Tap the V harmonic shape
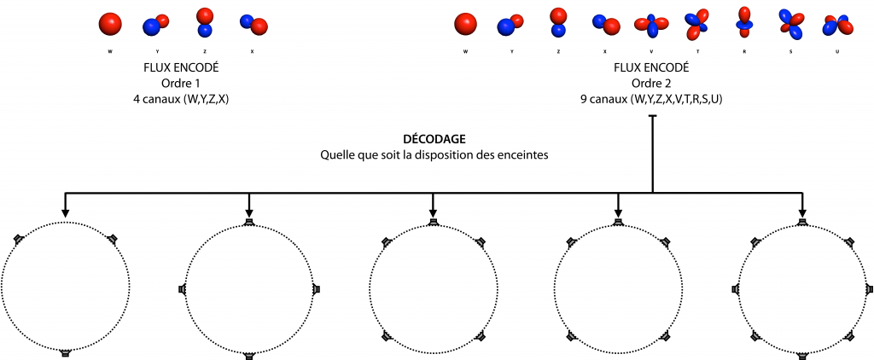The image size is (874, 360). pos(651,25)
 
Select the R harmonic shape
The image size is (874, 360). pos(744,22)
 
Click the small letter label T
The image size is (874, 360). pos(697,51)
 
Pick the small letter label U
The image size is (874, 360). pos(837,51)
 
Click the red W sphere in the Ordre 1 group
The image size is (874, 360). pos(110,23)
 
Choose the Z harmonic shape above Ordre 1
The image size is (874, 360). pos(205,22)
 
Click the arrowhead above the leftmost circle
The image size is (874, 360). pos(65,212)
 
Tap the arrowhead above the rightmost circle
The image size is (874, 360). pos(802,212)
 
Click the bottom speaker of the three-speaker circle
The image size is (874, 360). pos(65,353)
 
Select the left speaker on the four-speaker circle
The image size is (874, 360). pos(182,289)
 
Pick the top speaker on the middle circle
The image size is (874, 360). pos(433,223)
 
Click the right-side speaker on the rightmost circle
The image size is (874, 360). pos(870,290)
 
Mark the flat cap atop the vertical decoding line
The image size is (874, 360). pos(652,116)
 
